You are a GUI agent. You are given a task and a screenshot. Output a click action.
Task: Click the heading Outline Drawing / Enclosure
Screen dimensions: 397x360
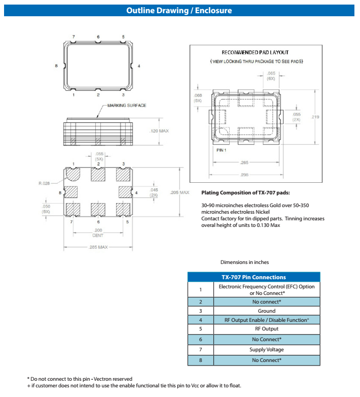pos(179,10)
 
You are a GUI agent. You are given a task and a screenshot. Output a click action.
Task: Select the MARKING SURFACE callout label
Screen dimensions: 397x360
pos(126,106)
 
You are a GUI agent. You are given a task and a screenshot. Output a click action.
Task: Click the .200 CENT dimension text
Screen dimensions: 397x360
pos(98,233)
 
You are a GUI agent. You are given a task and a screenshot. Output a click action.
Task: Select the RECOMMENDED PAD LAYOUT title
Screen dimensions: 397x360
pos(255,53)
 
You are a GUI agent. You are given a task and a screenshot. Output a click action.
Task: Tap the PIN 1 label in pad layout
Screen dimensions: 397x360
pos(221,150)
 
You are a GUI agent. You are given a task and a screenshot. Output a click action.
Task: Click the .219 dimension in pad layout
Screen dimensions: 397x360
pos(315,117)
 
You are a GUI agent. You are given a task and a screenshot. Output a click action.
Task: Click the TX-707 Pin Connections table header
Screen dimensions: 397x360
pos(254,277)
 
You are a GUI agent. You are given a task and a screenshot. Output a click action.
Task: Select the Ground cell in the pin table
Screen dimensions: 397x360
pos(266,311)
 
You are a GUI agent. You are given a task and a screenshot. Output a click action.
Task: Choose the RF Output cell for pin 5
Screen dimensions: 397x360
pos(266,329)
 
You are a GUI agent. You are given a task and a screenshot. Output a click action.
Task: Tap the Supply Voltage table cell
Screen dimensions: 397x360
pos(266,350)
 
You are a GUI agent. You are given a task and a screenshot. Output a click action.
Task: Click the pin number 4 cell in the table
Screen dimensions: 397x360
pos(200,320)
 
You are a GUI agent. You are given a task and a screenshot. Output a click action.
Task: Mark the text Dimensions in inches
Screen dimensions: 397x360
pos(244,262)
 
